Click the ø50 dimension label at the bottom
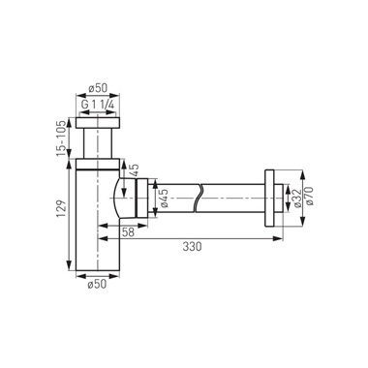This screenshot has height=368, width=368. tap(97, 285)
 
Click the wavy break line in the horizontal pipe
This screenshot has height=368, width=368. tap(200, 196)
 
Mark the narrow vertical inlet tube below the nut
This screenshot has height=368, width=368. tap(98, 144)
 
